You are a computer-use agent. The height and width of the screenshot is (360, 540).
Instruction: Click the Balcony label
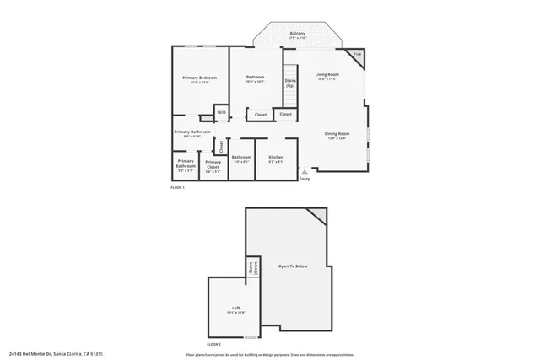click(297, 34)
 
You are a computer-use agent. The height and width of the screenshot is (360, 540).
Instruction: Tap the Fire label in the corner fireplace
click(357, 54)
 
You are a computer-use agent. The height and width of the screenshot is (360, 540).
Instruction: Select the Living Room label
click(327, 75)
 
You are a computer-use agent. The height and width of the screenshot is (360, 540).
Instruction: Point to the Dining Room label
click(337, 133)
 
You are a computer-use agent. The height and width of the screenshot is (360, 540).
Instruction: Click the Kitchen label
click(276, 157)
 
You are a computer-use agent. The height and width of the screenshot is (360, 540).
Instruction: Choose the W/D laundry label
click(221, 112)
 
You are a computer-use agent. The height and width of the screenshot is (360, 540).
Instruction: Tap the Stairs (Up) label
click(289, 83)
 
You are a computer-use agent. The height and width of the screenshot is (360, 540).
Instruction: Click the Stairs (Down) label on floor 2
click(251, 268)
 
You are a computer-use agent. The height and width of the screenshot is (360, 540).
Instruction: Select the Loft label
click(235, 308)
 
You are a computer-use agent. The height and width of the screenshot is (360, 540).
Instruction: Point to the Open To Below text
click(293, 266)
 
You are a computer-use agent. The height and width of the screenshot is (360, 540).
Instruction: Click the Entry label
click(304, 178)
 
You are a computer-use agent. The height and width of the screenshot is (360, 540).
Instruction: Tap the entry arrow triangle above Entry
click(304, 171)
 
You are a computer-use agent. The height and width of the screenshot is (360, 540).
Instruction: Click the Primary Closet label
click(213, 164)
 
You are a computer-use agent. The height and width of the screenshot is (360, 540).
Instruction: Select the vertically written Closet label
click(222, 145)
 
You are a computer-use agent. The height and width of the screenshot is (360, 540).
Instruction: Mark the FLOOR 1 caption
click(178, 188)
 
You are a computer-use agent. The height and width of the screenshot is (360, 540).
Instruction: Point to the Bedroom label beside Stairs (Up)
click(255, 78)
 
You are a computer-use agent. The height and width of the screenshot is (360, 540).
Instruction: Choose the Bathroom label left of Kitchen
click(241, 157)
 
